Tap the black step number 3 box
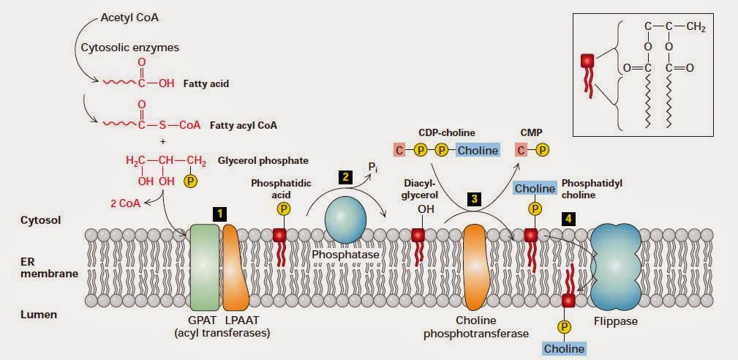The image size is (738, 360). click(x=475, y=198)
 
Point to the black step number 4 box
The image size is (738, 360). click(x=568, y=218)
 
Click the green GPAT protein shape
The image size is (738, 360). click(x=205, y=268)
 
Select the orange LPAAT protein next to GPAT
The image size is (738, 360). click(x=233, y=268)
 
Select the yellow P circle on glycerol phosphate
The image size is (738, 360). click(x=190, y=179)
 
